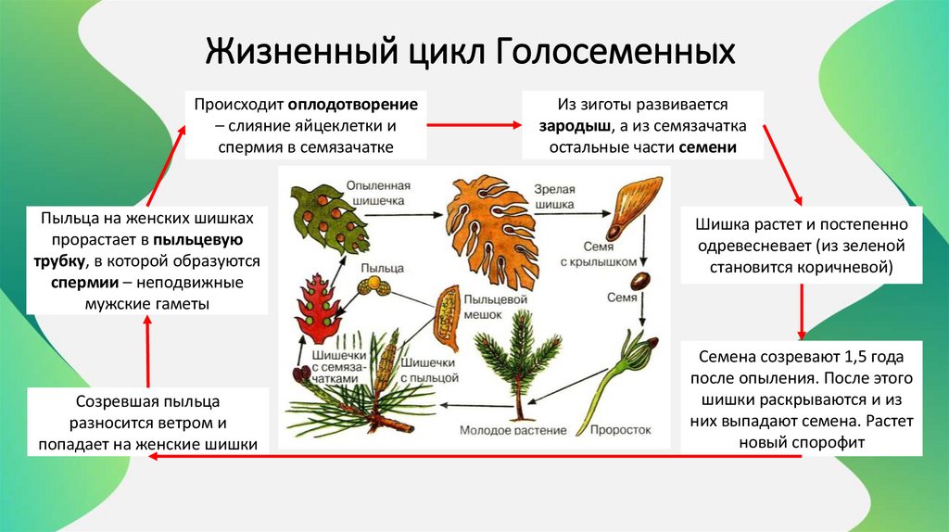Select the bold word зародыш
point(568,127)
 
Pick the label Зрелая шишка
point(554,196)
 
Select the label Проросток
point(620,431)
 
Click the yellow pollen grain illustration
point(375,283)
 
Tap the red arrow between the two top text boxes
point(474,122)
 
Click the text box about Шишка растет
point(801,246)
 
